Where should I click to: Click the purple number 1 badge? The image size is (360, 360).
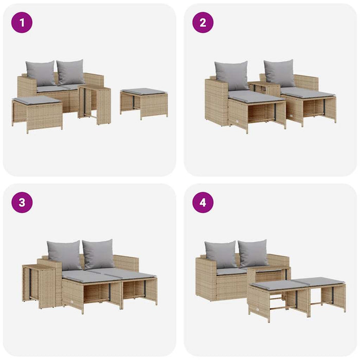click(22, 22)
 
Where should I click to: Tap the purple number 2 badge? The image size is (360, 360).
click(203, 22)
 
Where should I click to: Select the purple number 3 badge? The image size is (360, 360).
click(22, 202)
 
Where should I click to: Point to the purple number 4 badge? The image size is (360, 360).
click(203, 202)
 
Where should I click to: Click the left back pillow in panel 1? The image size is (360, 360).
click(41, 73)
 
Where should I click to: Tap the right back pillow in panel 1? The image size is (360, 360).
click(70, 72)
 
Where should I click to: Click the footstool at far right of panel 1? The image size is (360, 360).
click(143, 103)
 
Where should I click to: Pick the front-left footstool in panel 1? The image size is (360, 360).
click(37, 112)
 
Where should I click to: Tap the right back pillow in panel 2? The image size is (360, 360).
click(280, 73)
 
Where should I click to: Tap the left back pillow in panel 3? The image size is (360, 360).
click(64, 255)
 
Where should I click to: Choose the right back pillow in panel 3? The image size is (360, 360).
click(98, 254)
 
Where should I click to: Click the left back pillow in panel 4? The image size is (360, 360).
click(220, 255)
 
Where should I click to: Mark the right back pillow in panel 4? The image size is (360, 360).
click(253, 253)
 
